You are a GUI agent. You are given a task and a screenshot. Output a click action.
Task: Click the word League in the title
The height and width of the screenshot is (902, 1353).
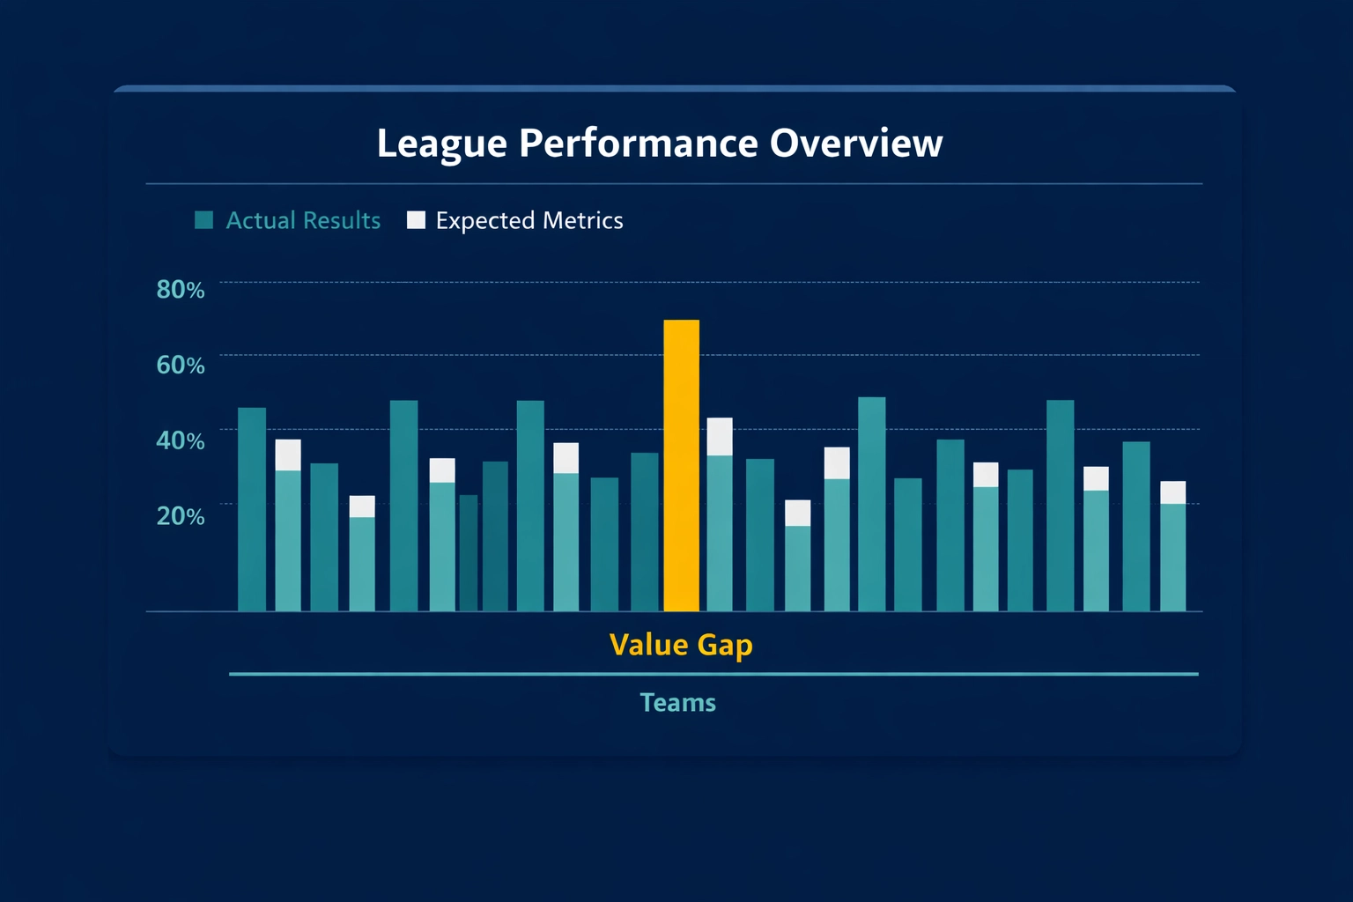(441, 144)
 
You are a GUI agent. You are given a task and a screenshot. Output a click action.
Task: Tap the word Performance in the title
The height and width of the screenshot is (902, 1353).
(638, 144)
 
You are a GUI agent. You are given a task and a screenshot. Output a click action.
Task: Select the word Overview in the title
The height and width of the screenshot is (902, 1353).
(855, 144)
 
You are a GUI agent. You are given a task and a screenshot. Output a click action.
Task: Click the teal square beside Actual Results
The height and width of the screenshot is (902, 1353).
(204, 220)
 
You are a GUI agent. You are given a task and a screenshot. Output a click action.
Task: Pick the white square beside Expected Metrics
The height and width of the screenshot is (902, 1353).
(416, 220)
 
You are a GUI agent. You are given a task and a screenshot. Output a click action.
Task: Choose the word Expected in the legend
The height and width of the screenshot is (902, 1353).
(484, 220)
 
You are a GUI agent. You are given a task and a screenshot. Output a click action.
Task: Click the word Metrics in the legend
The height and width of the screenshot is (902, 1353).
(583, 220)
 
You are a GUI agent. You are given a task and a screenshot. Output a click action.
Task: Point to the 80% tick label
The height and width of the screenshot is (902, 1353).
(181, 290)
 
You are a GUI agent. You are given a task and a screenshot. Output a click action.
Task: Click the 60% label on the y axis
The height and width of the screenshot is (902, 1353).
(181, 365)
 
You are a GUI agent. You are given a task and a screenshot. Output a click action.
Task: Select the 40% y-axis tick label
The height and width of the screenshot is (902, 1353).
(181, 440)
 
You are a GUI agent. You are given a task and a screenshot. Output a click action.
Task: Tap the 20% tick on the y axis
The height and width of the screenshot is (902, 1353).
(181, 516)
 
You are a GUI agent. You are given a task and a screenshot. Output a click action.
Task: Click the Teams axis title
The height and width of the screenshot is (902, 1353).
(677, 703)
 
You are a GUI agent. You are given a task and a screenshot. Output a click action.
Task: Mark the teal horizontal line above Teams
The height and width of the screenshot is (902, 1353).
(713, 674)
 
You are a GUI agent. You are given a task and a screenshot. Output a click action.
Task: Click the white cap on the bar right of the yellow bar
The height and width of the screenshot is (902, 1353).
(720, 436)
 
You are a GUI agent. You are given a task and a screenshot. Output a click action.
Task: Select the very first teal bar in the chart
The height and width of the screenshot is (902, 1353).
(252, 509)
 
